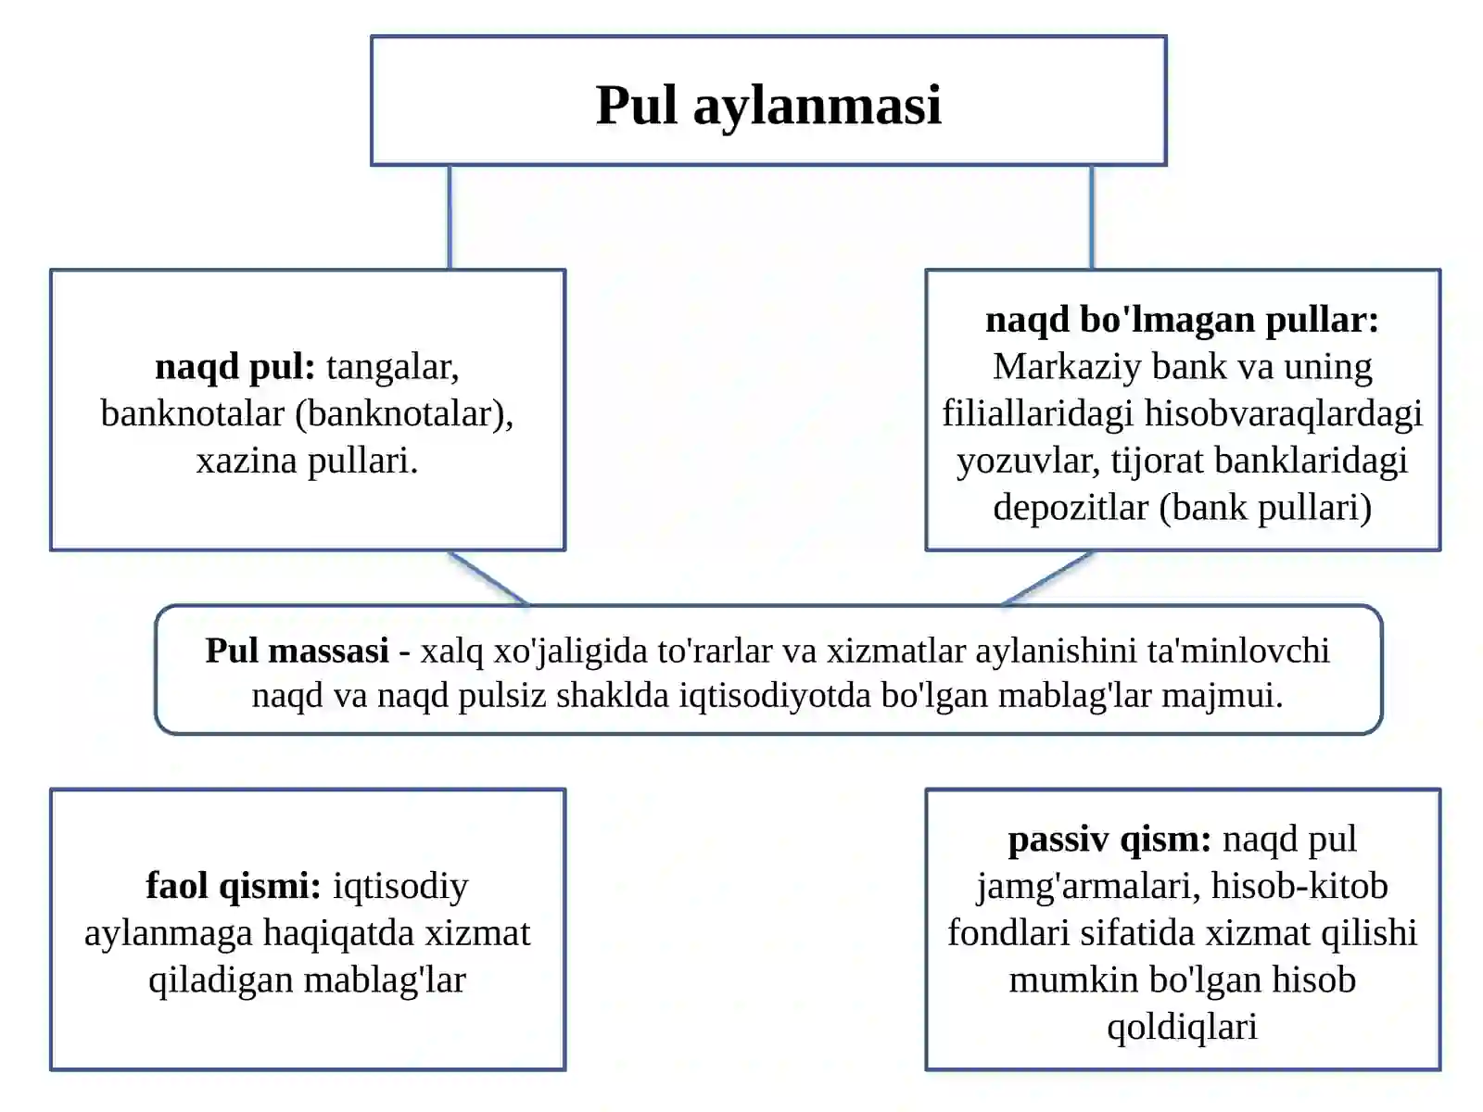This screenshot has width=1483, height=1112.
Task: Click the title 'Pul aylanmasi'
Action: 768,106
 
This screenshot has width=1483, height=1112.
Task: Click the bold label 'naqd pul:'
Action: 235,367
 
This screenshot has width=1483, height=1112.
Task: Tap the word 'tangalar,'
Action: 393,367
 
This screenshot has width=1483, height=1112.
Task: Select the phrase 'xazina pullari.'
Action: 308,461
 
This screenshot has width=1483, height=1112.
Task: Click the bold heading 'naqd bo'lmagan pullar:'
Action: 1182,320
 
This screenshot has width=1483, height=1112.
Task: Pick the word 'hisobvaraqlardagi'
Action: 1283,414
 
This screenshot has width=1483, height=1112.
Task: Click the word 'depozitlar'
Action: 1071,508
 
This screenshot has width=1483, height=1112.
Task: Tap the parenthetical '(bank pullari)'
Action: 1265,508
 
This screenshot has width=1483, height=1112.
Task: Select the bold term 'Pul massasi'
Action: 298,651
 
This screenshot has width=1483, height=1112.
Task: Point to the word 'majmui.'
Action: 1223,696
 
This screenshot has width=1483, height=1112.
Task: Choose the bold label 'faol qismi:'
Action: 234,887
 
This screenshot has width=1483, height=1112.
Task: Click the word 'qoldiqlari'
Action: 1183,1028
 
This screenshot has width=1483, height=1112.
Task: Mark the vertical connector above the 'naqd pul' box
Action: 450,218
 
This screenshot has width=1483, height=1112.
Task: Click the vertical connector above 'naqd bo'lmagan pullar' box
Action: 1092,218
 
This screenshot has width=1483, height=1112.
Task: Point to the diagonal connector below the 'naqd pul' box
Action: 489,578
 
